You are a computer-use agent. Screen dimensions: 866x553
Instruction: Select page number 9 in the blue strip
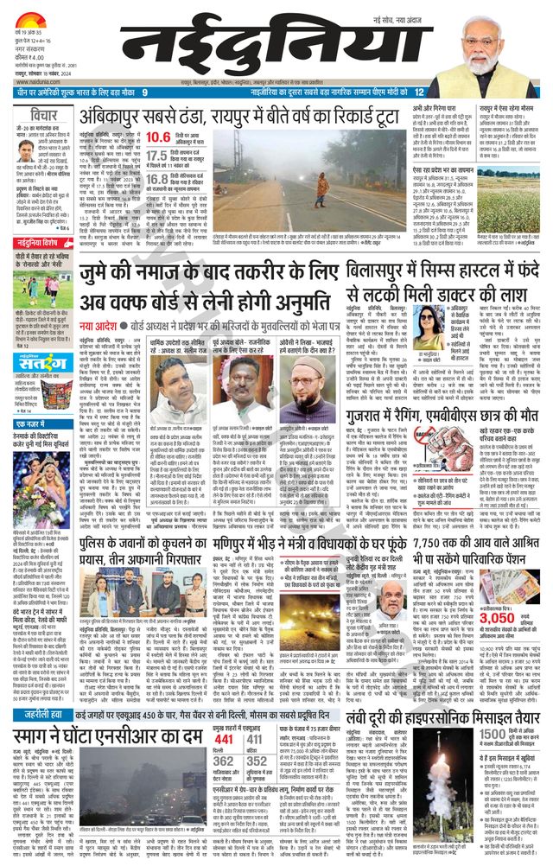click(x=145, y=92)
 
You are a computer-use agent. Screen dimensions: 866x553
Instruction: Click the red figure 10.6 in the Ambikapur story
click(x=157, y=137)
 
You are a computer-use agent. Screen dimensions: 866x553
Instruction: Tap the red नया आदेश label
click(x=102, y=303)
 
